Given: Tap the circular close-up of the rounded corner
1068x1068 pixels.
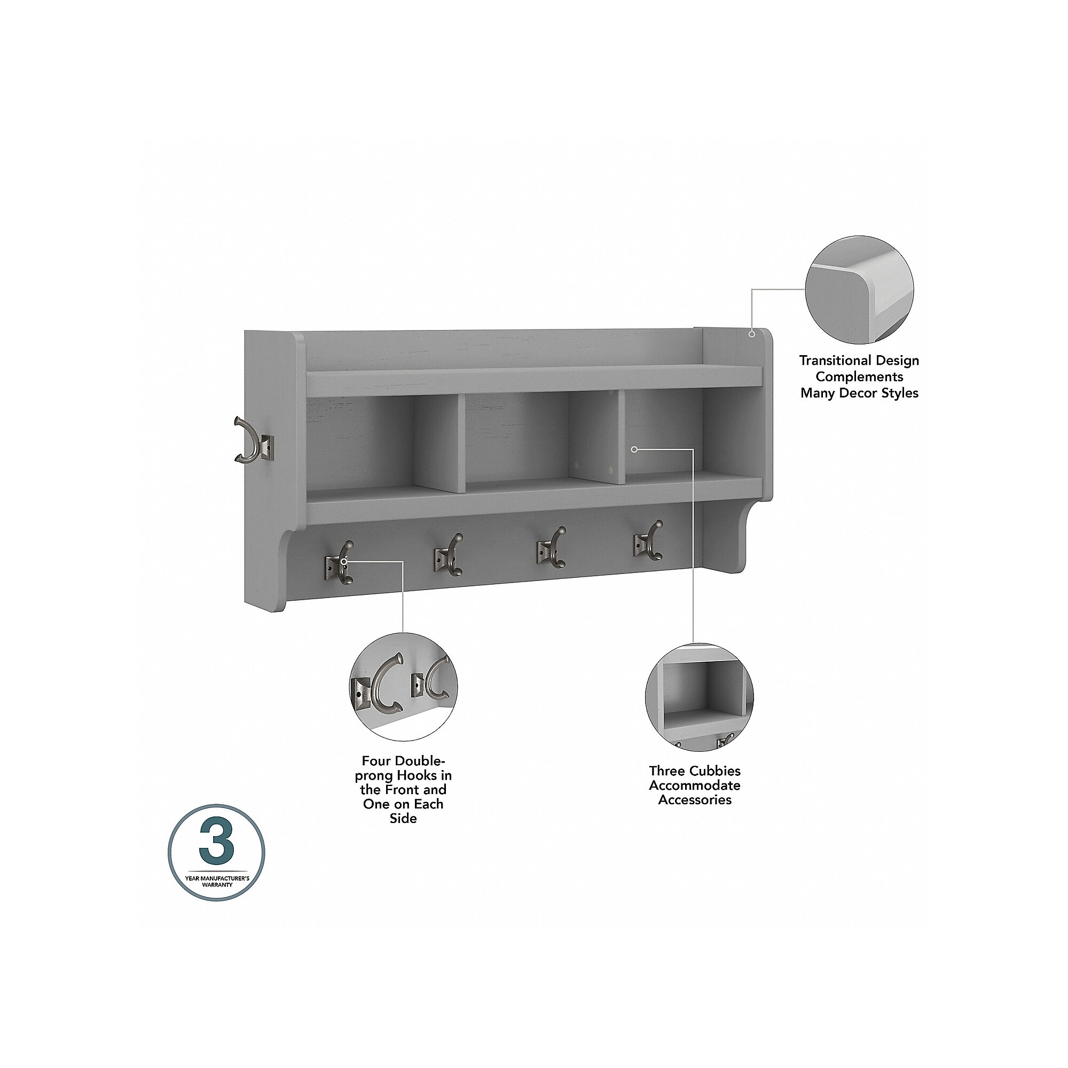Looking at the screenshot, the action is tap(859, 289).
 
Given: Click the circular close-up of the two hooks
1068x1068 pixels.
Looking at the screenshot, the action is tap(404, 687).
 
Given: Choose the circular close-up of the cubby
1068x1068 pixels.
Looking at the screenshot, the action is tap(700, 697).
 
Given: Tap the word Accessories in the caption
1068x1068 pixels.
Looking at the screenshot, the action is tap(695, 800).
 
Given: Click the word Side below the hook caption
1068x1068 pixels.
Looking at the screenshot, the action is tap(403, 818).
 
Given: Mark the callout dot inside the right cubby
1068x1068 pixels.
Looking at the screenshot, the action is tap(634, 450).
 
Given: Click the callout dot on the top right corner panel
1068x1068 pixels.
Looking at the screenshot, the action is tap(752, 333).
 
